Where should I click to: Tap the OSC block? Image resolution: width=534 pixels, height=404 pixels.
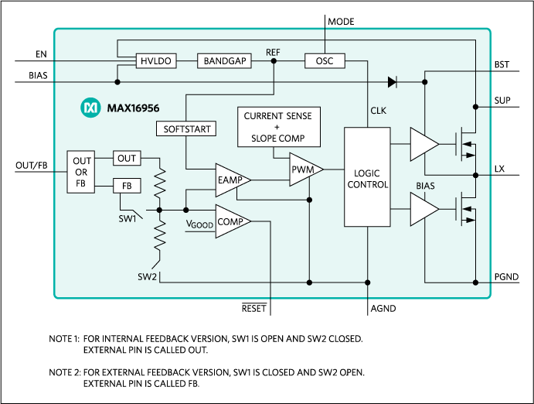325,61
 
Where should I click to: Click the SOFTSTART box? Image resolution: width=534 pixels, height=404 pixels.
187,128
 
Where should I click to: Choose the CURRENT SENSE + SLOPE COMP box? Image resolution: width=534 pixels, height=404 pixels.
277,127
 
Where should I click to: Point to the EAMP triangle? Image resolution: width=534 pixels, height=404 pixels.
230,180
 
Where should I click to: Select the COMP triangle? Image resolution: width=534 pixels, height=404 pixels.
230,221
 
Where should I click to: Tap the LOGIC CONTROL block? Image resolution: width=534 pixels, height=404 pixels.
367,178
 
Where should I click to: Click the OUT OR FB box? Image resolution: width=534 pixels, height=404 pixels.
82,172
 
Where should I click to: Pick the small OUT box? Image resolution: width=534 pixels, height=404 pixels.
127,159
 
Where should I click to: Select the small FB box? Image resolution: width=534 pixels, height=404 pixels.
127,186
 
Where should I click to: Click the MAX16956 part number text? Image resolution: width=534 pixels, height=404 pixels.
133,108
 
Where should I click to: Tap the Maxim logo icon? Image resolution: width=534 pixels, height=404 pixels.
91,108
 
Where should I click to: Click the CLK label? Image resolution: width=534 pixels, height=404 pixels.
378,111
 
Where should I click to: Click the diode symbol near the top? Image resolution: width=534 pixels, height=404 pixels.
392,80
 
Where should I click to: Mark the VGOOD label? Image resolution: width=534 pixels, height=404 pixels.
199,224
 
